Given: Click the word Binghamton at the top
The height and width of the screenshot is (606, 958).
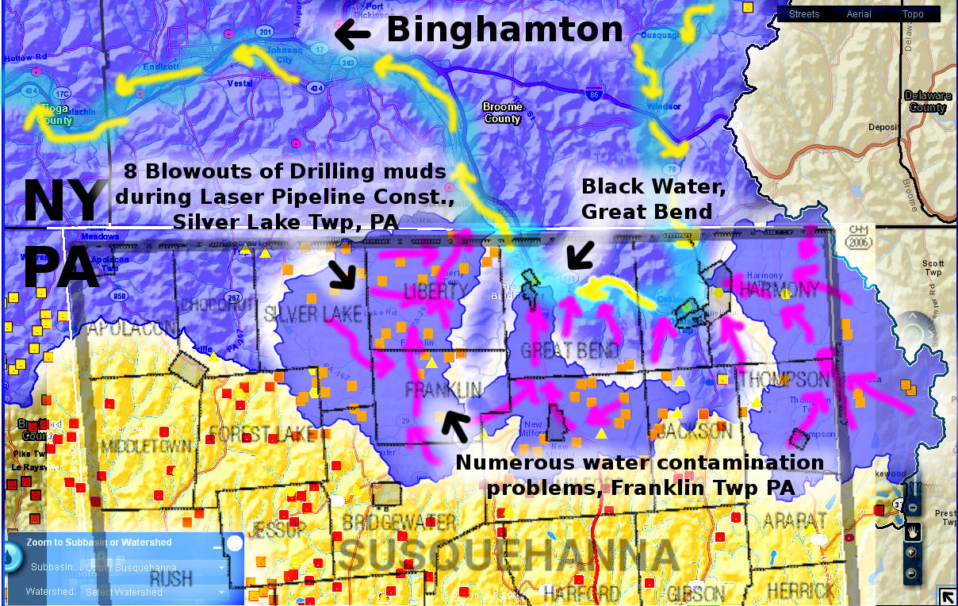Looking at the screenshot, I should (504, 31).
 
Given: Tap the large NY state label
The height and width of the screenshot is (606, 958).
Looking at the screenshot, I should (63, 201).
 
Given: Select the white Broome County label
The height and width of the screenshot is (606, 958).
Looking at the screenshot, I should (503, 113).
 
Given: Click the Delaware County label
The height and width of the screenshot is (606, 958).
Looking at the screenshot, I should (927, 102).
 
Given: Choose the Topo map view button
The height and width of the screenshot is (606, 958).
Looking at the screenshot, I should (912, 14).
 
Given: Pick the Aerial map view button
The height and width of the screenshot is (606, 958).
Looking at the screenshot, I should (859, 14).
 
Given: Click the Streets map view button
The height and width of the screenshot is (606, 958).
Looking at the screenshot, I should (804, 14).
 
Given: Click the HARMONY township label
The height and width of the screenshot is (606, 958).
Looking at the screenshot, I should (777, 290).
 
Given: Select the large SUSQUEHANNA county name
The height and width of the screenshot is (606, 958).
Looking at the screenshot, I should (511, 556).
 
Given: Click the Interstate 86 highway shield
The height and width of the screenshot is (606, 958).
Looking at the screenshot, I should (594, 94).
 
